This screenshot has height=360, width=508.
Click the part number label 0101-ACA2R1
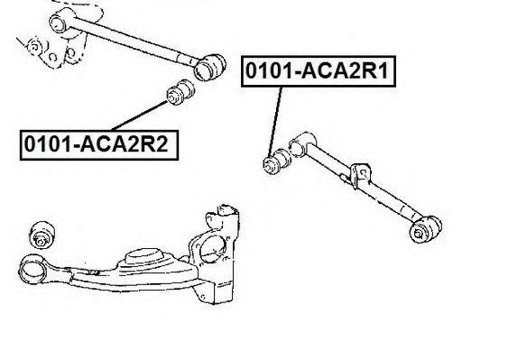(x=316, y=69)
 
